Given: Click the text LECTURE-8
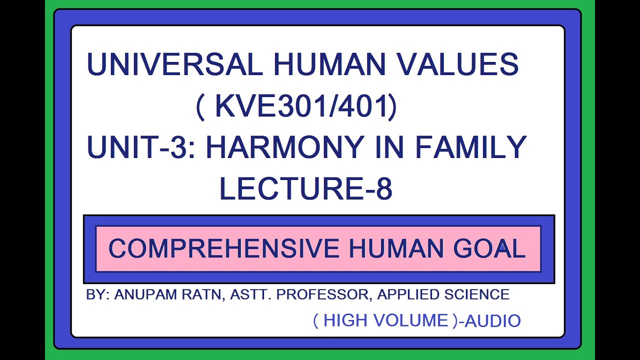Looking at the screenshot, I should coord(306,189).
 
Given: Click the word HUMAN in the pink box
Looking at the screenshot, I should coord(387,249).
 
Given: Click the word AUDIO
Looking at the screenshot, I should coord(493,321).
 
